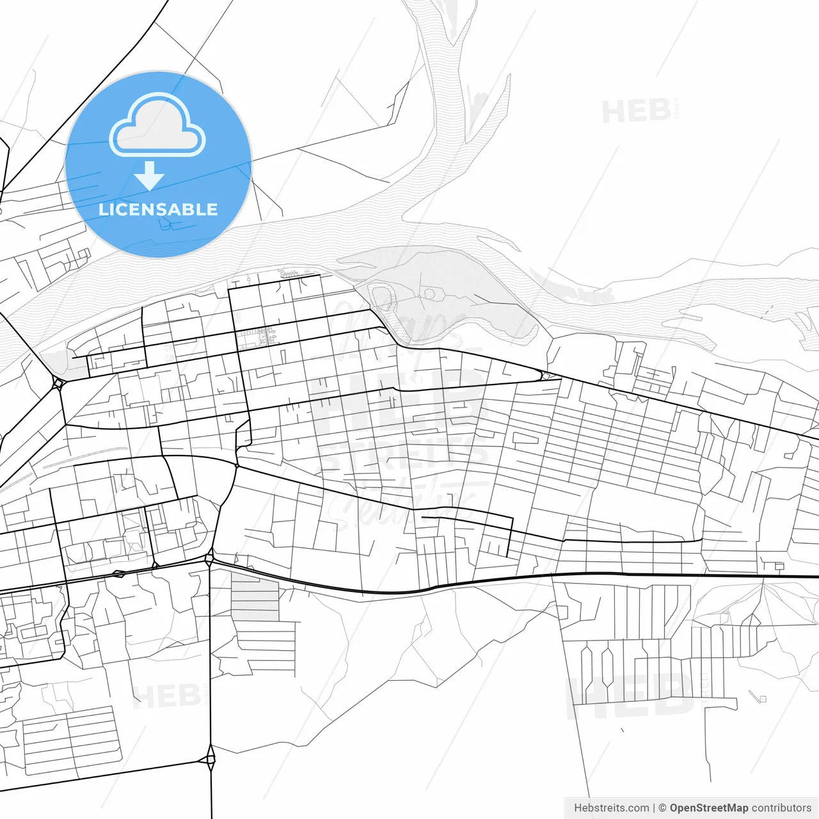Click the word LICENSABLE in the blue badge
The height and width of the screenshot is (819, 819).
(x=158, y=210)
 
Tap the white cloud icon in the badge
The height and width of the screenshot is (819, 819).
(x=157, y=125)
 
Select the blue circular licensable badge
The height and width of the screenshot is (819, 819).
(x=158, y=164)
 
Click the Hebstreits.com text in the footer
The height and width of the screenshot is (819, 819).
(x=612, y=808)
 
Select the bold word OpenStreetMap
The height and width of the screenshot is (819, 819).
(x=709, y=808)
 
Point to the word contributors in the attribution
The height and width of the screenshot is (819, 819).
(x=781, y=808)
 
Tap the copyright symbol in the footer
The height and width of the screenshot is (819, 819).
(x=663, y=808)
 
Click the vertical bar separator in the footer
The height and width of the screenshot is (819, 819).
(x=654, y=808)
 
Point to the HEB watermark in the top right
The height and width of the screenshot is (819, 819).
(x=636, y=111)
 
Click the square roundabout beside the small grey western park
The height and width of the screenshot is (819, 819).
(x=59, y=383)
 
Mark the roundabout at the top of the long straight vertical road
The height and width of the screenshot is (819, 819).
(x=209, y=559)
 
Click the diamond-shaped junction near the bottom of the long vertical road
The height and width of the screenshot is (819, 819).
(x=211, y=760)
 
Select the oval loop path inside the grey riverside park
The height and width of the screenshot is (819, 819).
(x=382, y=298)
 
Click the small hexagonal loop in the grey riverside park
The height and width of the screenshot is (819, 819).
(x=430, y=294)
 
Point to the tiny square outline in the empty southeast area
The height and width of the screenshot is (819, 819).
(x=761, y=698)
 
